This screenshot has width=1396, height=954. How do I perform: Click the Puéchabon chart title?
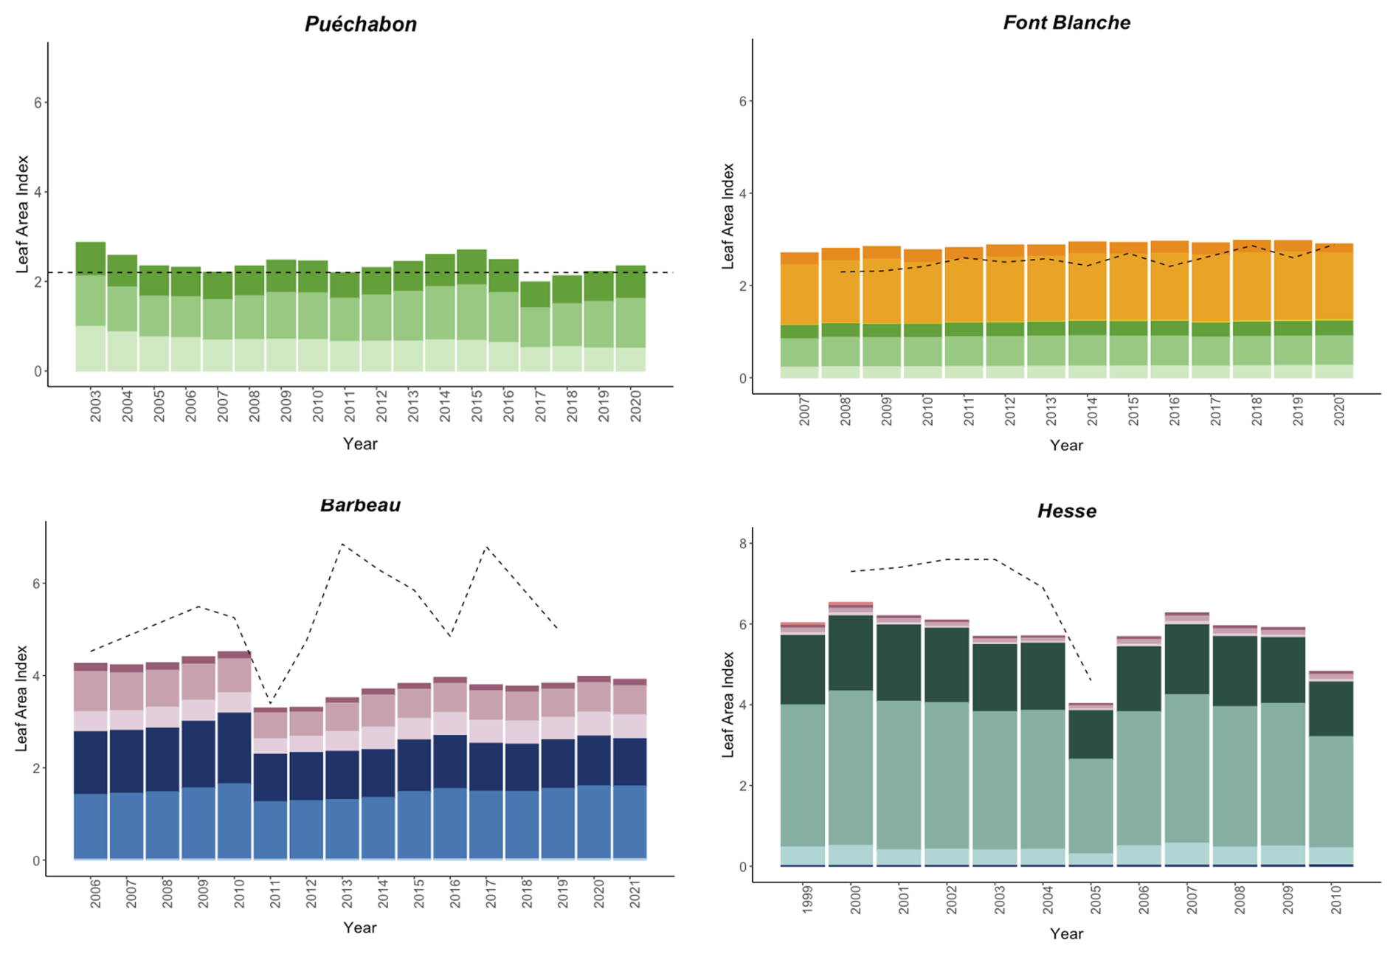tap(361, 24)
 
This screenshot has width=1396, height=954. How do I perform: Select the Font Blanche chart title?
tap(1066, 23)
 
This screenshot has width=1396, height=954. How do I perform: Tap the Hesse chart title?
tap(1066, 511)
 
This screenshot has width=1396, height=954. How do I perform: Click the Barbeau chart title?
tap(360, 505)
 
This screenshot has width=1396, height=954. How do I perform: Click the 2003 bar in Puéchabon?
tap(91, 306)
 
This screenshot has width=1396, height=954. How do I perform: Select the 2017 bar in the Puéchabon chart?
tap(536, 326)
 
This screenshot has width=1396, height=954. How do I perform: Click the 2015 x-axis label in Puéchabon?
tap(477, 407)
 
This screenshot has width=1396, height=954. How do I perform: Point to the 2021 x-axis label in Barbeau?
tap(635, 893)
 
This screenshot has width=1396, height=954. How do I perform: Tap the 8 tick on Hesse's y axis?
tap(742, 544)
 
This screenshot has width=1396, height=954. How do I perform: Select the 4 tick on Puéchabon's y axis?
tap(38, 193)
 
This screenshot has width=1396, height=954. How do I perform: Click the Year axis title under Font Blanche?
tap(1066, 445)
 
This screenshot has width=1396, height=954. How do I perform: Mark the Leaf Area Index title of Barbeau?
tap(21, 698)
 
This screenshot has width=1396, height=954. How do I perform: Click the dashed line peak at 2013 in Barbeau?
tap(342, 545)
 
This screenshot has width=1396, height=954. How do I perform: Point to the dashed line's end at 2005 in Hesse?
tap(1091, 680)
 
